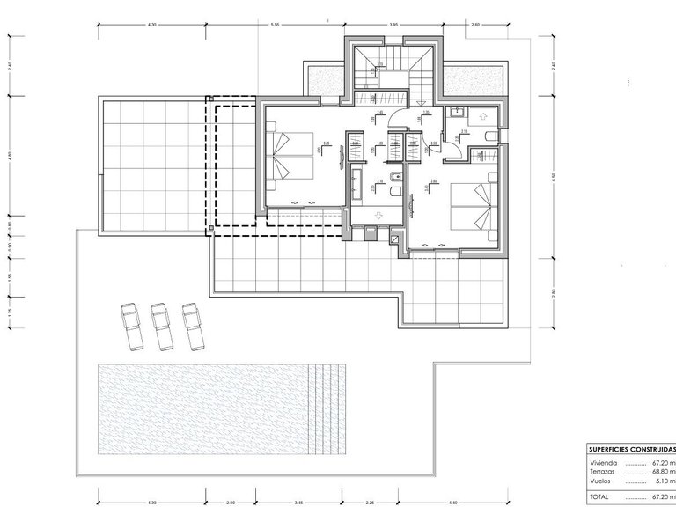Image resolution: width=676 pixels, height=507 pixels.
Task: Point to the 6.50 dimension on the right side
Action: [x=554, y=176]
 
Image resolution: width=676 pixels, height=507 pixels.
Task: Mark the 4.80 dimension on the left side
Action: [x=11, y=156]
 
